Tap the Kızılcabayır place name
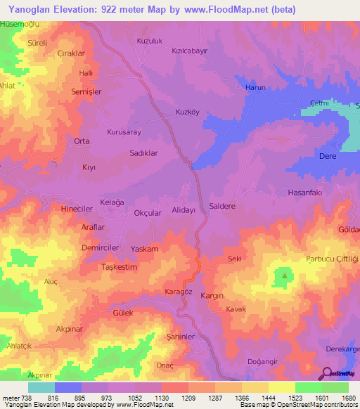point(191,51)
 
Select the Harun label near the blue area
point(254,87)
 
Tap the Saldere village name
point(222,207)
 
